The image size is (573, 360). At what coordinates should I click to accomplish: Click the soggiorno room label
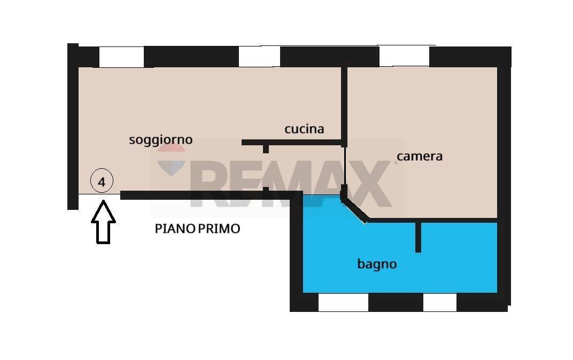pyautogui.click(x=160, y=140)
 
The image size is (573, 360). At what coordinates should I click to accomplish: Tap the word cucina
pyautogui.click(x=304, y=129)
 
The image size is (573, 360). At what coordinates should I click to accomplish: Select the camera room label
pyautogui.click(x=420, y=156)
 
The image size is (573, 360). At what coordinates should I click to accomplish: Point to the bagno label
pyautogui.click(x=377, y=264)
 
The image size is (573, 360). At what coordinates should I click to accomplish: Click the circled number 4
pyautogui.click(x=102, y=181)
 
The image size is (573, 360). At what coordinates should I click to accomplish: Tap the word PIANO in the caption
pyautogui.click(x=175, y=229)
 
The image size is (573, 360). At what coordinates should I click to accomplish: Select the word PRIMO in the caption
pyautogui.click(x=219, y=229)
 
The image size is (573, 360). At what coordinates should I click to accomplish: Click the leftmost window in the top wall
pyautogui.click(x=121, y=57)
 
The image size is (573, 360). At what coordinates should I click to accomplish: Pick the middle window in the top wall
pyautogui.click(x=259, y=57)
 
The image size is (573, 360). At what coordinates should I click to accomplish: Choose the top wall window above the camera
pyautogui.click(x=404, y=57)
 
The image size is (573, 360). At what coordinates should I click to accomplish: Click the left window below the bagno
pyautogui.click(x=343, y=302)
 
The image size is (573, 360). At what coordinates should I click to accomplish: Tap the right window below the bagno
pyautogui.click(x=439, y=302)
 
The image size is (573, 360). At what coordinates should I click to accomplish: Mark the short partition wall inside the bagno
pyautogui.click(x=418, y=237)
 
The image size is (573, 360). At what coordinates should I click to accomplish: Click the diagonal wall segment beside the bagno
pyautogui.click(x=354, y=209)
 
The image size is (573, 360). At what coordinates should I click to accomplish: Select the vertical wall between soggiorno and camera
pyautogui.click(x=344, y=104)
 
